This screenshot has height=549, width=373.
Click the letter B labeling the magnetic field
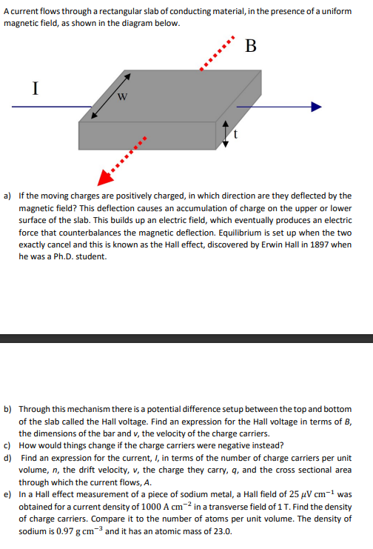[x=250, y=47]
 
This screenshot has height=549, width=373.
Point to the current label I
[x=35, y=88]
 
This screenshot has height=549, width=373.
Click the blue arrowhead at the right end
[x=316, y=107]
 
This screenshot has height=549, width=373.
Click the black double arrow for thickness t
[x=226, y=134]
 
